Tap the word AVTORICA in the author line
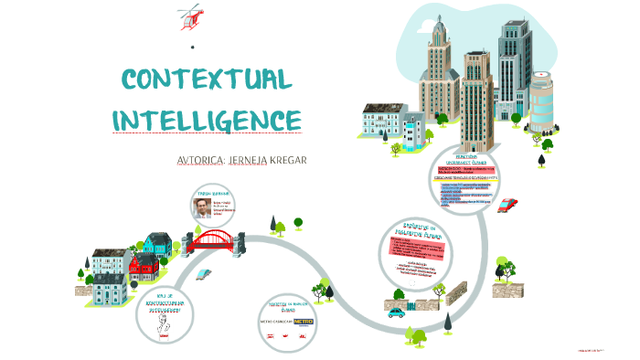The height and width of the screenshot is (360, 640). point(206,160)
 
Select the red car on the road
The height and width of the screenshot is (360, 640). point(508,205)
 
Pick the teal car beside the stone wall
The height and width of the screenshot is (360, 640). point(396,312)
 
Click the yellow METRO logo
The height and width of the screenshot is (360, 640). point(303,322)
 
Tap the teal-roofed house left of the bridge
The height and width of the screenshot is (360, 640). point(157,243)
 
